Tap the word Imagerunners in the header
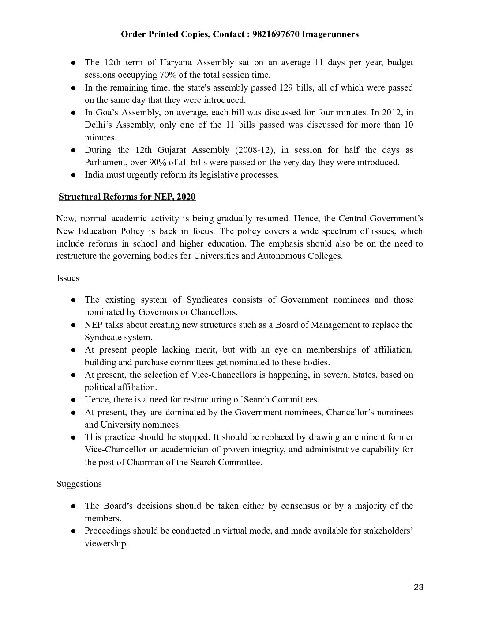[x=330, y=34]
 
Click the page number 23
[x=419, y=587]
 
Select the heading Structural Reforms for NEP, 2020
[x=127, y=197]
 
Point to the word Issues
[x=68, y=278]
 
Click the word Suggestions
[x=79, y=484]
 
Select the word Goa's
[x=106, y=112]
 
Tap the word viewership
[x=106, y=543]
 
